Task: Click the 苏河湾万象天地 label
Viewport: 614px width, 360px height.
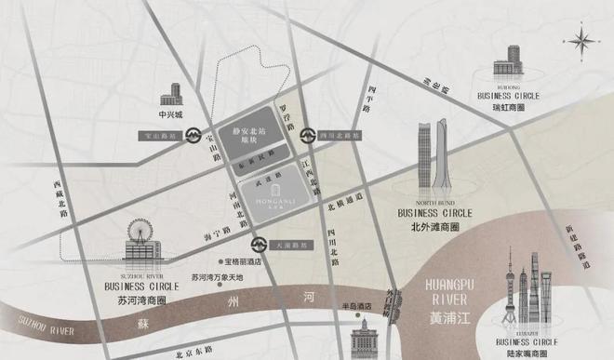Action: (x=216, y=278)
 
